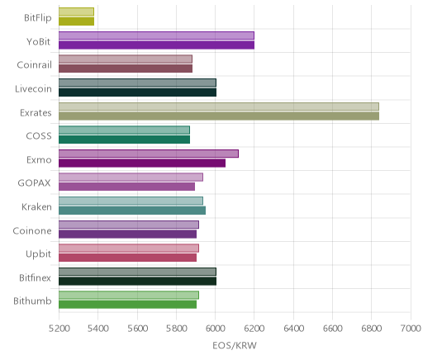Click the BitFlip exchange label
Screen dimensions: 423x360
click(x=38, y=18)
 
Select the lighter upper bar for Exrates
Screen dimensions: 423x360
click(x=219, y=107)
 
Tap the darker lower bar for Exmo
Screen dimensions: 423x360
click(x=142, y=163)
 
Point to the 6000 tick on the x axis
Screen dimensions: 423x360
click(x=215, y=329)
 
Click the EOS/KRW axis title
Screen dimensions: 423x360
click(x=235, y=345)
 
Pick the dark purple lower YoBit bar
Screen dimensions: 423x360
click(x=156, y=45)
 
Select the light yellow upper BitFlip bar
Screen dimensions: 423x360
click(x=76, y=12)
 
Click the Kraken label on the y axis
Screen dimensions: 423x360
click(x=36, y=206)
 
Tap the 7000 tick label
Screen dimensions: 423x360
click(x=411, y=329)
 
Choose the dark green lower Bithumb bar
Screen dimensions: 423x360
click(x=127, y=305)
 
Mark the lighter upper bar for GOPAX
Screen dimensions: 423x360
click(x=131, y=178)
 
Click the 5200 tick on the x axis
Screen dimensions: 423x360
click(x=59, y=329)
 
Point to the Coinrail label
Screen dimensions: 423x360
click(x=34, y=65)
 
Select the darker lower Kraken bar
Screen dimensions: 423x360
click(x=132, y=211)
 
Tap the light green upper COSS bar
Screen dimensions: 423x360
click(x=124, y=130)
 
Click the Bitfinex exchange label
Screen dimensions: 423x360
click(x=35, y=277)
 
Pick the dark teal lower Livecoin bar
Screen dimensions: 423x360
click(x=137, y=92)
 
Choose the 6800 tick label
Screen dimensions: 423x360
click(x=372, y=329)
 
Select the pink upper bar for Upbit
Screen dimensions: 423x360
click(x=129, y=248)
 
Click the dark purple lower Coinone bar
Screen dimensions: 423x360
click(x=127, y=234)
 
